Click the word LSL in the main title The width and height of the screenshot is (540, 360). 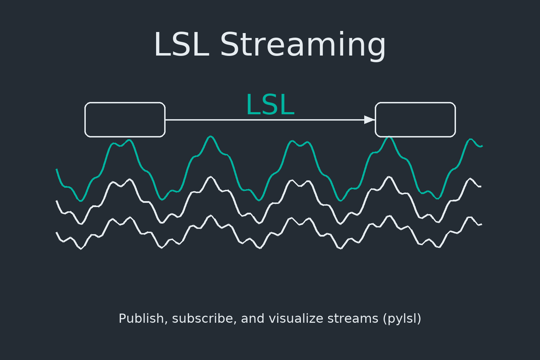pyautogui.click(x=181, y=45)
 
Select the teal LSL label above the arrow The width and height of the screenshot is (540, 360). pyautogui.click(x=270, y=105)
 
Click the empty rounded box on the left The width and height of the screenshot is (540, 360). pyautogui.click(x=125, y=120)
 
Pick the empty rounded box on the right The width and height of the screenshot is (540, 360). pyautogui.click(x=415, y=120)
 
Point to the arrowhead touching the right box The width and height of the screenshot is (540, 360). pyautogui.click(x=369, y=120)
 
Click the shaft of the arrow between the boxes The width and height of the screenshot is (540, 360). pyautogui.click(x=264, y=120)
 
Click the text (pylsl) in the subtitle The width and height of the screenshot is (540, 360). pyautogui.click(x=402, y=319)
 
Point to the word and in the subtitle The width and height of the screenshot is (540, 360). pyautogui.click(x=252, y=319)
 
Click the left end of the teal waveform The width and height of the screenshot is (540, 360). pyautogui.click(x=57, y=170)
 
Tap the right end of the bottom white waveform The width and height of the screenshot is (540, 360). pyautogui.click(x=481, y=224)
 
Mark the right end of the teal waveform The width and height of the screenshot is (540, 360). pyautogui.click(x=481, y=146)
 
